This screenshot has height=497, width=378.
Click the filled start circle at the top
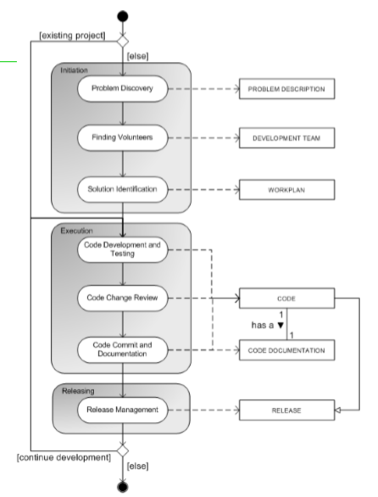(123, 16)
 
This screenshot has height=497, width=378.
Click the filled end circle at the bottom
(123, 487)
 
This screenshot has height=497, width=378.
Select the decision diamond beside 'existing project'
(123, 42)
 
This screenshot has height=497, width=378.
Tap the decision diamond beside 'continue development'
(123, 450)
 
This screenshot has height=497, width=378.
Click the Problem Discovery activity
(123, 88)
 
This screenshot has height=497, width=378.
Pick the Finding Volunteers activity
(123, 137)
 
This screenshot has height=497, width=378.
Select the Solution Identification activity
(123, 189)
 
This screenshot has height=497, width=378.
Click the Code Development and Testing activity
(123, 249)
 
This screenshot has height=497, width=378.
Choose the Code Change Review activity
(123, 298)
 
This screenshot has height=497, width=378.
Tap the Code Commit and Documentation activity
(123, 349)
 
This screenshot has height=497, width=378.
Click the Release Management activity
(123, 410)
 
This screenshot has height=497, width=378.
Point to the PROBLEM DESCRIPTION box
(286, 89)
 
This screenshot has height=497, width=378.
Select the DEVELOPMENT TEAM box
(286, 138)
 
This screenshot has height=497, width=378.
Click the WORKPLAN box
(286, 189)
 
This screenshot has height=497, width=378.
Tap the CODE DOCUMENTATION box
(286, 350)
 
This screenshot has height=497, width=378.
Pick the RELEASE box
(286, 410)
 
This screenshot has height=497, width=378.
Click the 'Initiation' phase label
(74, 70)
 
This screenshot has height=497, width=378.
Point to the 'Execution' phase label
(76, 231)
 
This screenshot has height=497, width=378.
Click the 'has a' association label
(263, 325)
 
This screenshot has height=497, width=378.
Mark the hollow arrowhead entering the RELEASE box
(338, 410)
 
